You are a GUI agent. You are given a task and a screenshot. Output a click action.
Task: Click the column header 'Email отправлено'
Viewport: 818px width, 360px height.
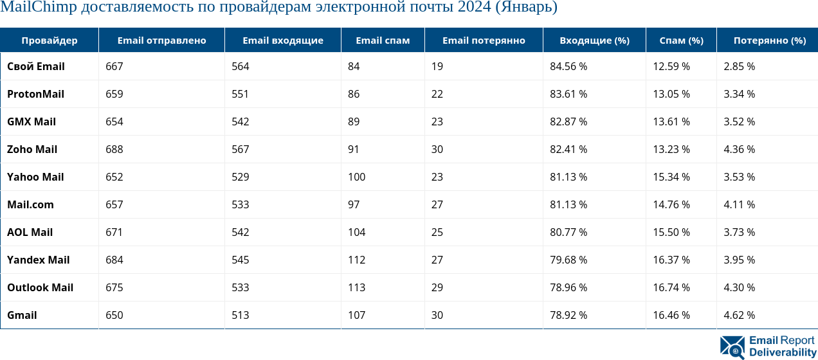[x=161, y=40]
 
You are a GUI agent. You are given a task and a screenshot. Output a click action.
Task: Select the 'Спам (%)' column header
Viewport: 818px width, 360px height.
[x=681, y=40]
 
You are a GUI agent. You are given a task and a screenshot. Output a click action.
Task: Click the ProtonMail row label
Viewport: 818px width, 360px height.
[x=35, y=94]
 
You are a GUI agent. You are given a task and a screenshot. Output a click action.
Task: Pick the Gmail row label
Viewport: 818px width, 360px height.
[x=22, y=316]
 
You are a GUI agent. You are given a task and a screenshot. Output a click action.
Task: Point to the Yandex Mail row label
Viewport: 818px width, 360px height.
[x=38, y=260]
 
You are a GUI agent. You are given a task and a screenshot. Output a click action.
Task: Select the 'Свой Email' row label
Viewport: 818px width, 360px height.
[x=35, y=67]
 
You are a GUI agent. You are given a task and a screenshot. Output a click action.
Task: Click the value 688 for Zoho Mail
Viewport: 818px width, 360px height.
[x=114, y=150]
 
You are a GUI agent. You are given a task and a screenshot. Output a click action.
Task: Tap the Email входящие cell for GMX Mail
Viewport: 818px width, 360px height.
[x=240, y=122]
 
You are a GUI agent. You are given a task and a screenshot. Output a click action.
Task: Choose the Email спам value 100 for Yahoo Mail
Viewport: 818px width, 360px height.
[x=356, y=177]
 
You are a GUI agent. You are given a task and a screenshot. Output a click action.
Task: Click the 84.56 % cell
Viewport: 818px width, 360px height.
[x=568, y=67]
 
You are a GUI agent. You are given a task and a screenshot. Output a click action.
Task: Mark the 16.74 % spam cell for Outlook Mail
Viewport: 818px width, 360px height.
[x=671, y=288]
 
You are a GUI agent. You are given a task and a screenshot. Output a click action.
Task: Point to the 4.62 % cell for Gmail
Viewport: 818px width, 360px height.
[x=739, y=316]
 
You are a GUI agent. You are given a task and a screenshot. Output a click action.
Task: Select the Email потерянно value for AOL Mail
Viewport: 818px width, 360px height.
[x=437, y=233]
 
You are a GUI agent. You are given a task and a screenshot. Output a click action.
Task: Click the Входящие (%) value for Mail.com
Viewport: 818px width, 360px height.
[x=568, y=205]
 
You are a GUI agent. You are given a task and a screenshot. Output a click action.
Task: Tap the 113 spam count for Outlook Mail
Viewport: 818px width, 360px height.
[x=356, y=288]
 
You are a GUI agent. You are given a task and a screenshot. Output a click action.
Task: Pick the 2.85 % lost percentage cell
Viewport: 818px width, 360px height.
[x=739, y=67]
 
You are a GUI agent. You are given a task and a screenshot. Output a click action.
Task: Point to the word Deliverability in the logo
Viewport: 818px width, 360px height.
[x=782, y=353]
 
